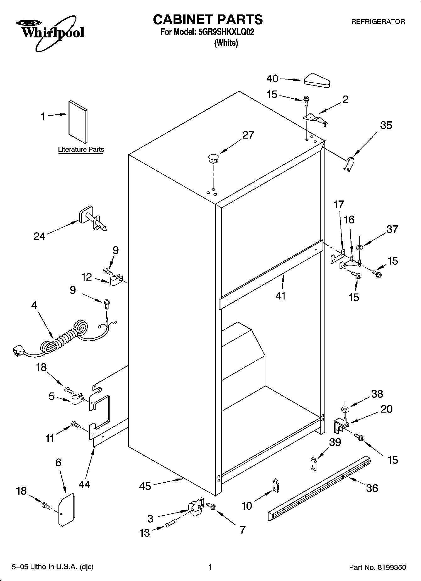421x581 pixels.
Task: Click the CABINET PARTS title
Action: (208, 19)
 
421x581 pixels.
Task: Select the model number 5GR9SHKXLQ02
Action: (226, 32)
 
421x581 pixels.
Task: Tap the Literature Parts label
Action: (81, 150)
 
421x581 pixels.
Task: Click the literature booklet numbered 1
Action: (78, 121)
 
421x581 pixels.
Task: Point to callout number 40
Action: (272, 79)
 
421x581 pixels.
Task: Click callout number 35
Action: (386, 125)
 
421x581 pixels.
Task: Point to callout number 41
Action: (280, 296)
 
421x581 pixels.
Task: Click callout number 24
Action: (40, 236)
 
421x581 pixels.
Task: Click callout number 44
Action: (84, 484)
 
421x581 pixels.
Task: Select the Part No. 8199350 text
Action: (377, 567)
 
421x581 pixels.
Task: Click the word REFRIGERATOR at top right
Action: (378, 22)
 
